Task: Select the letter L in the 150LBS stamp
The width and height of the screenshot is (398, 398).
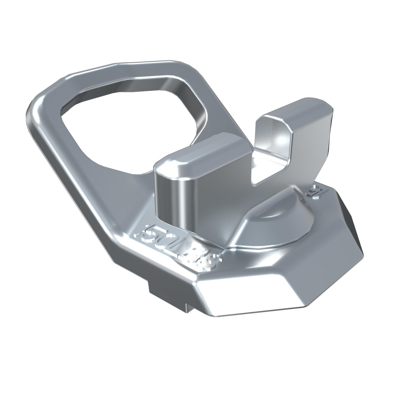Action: [x=183, y=247]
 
